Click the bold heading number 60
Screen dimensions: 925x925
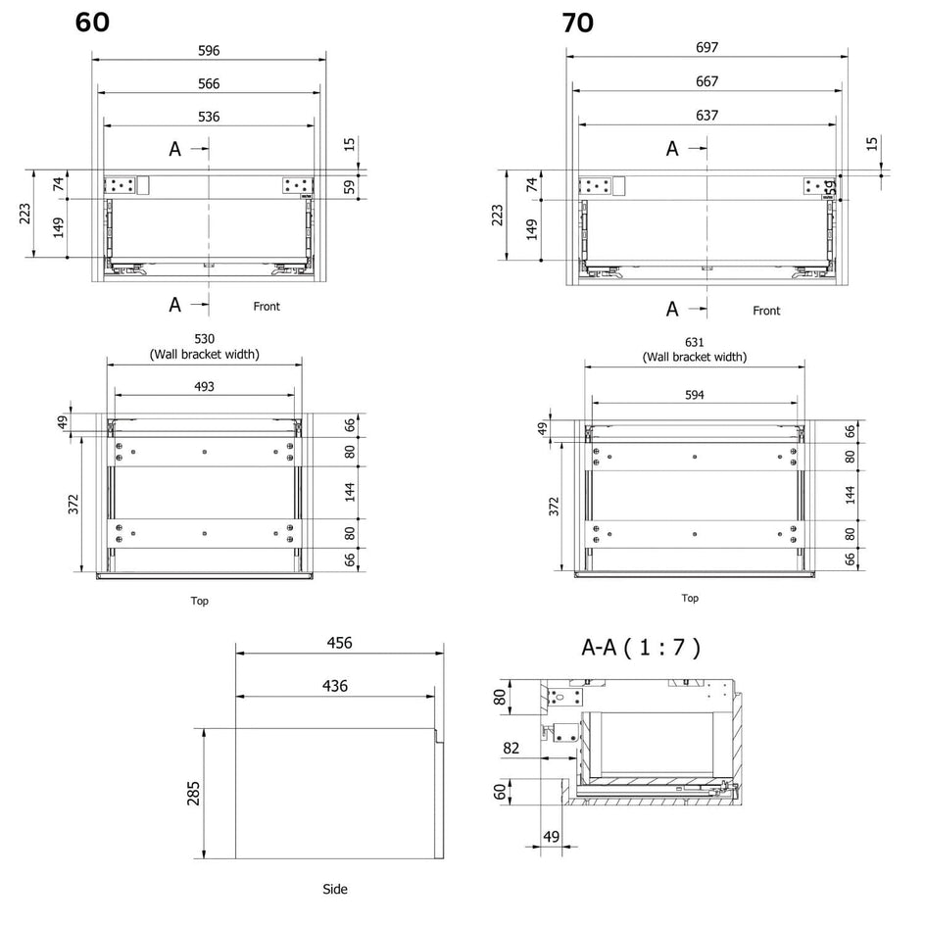[x=92, y=23]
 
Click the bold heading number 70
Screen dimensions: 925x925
[x=577, y=23]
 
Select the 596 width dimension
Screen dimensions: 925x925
[x=209, y=51]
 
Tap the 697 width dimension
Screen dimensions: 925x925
[x=706, y=47]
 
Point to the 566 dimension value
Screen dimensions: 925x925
[x=209, y=83]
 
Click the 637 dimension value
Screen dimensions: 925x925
[x=706, y=115]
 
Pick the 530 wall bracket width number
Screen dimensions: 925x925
[x=205, y=339]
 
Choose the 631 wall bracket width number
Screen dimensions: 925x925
[x=695, y=342]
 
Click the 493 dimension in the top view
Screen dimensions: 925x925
[x=204, y=386]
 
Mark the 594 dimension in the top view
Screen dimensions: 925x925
[x=695, y=395]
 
